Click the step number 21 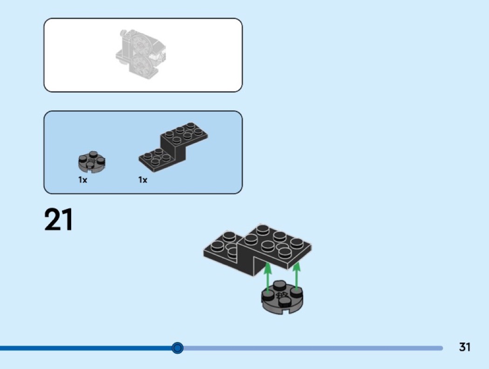pyautogui.click(x=59, y=220)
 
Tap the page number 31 pyautogui.click(x=465, y=347)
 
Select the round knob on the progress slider pyautogui.click(x=177, y=348)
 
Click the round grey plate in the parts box pyautogui.click(x=92, y=162)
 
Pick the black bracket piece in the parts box pyautogui.click(x=173, y=147)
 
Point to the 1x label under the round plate pyautogui.click(x=82, y=180)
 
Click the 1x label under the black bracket pyautogui.click(x=143, y=180)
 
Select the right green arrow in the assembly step pyautogui.click(x=296, y=276)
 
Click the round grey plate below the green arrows pyautogui.click(x=282, y=297)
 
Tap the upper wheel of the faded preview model pyautogui.click(x=141, y=45)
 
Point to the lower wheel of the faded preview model pyautogui.click(x=140, y=66)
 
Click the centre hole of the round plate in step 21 pyautogui.click(x=282, y=295)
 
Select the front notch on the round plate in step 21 pyautogui.click(x=282, y=311)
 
